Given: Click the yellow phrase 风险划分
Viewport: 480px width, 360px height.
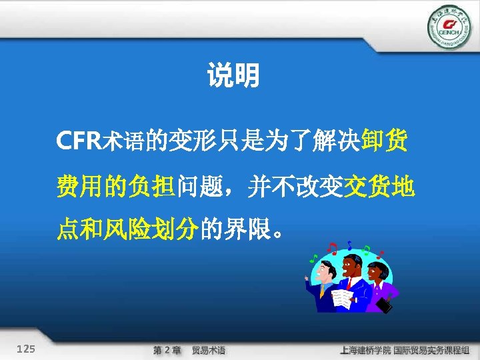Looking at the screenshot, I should click(x=150, y=230).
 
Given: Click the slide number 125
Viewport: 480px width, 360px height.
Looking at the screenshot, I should click(x=27, y=349).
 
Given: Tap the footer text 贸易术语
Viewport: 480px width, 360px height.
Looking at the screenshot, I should click(x=208, y=350).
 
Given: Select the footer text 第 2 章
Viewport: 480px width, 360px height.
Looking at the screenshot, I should click(x=167, y=350).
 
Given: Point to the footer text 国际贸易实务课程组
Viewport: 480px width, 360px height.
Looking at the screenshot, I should click(x=431, y=350).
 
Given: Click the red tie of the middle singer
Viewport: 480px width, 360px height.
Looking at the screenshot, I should click(x=348, y=283).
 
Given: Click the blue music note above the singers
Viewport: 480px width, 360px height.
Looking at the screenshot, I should click(x=349, y=246).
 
